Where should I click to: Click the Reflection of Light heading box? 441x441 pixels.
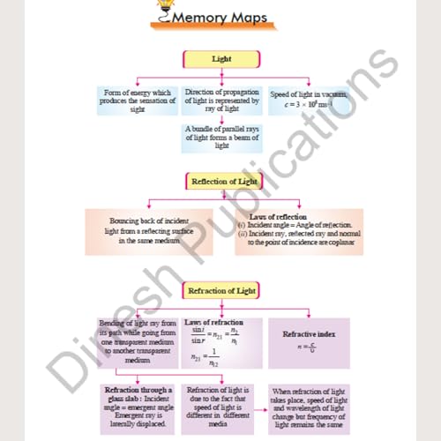[223, 182]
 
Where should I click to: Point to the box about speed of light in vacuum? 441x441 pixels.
[309, 101]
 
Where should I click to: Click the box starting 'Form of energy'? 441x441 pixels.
[137, 101]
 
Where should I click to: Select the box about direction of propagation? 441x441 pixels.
[221, 101]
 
